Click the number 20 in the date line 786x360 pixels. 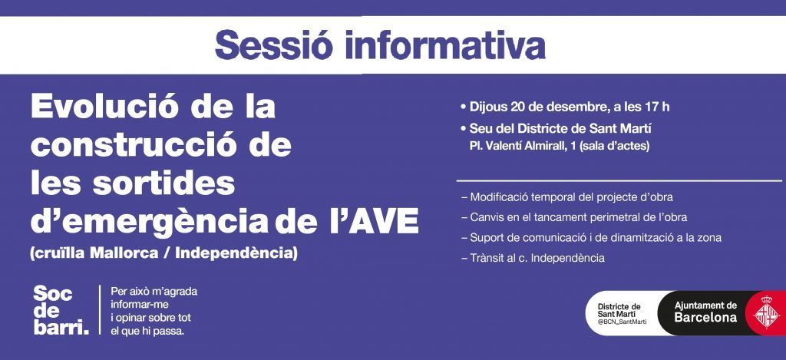[518, 107]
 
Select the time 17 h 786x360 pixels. [658, 107]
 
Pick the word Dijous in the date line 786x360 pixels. [489, 107]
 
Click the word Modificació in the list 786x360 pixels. [501, 197]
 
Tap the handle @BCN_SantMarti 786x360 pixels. [622, 322]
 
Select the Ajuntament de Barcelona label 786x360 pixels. [706, 312]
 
